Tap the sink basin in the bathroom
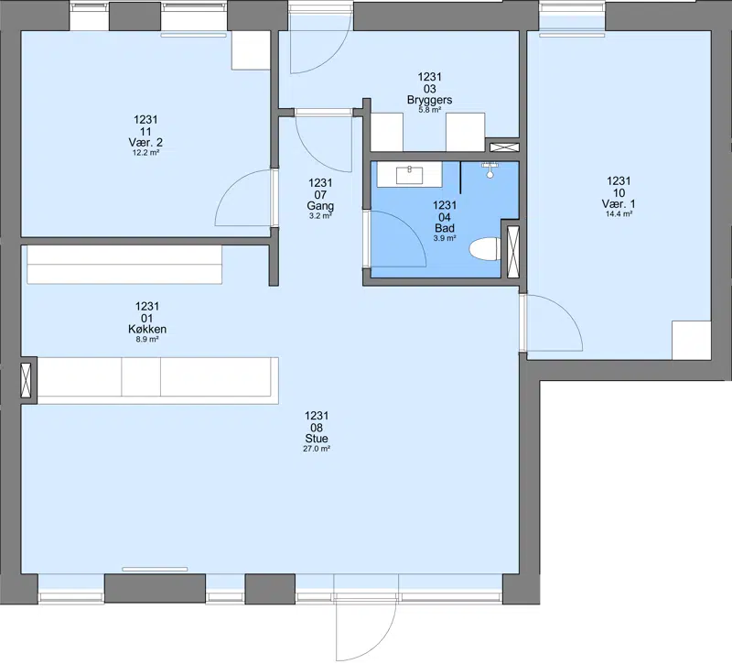click(409, 175)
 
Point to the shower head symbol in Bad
click(490, 169)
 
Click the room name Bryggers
click(429, 100)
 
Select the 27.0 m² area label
click(317, 449)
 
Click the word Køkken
click(147, 329)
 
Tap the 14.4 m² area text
click(619, 214)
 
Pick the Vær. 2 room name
click(145, 142)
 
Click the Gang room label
click(320, 205)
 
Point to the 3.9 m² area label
click(445, 238)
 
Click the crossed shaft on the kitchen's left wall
click(27, 380)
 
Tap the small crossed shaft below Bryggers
click(504, 147)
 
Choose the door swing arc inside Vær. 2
click(233, 187)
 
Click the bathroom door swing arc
click(409, 227)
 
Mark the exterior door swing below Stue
click(382, 645)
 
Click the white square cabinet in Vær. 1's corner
click(692, 340)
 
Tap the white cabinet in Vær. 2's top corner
click(251, 50)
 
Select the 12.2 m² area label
click(145, 152)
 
